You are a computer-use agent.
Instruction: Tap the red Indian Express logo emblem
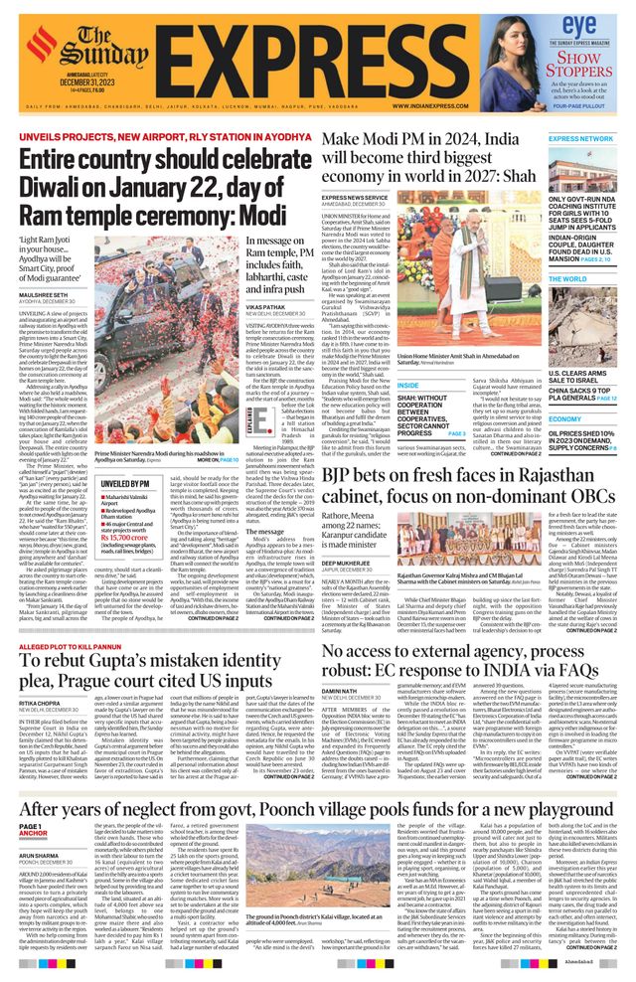click(41, 41)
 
